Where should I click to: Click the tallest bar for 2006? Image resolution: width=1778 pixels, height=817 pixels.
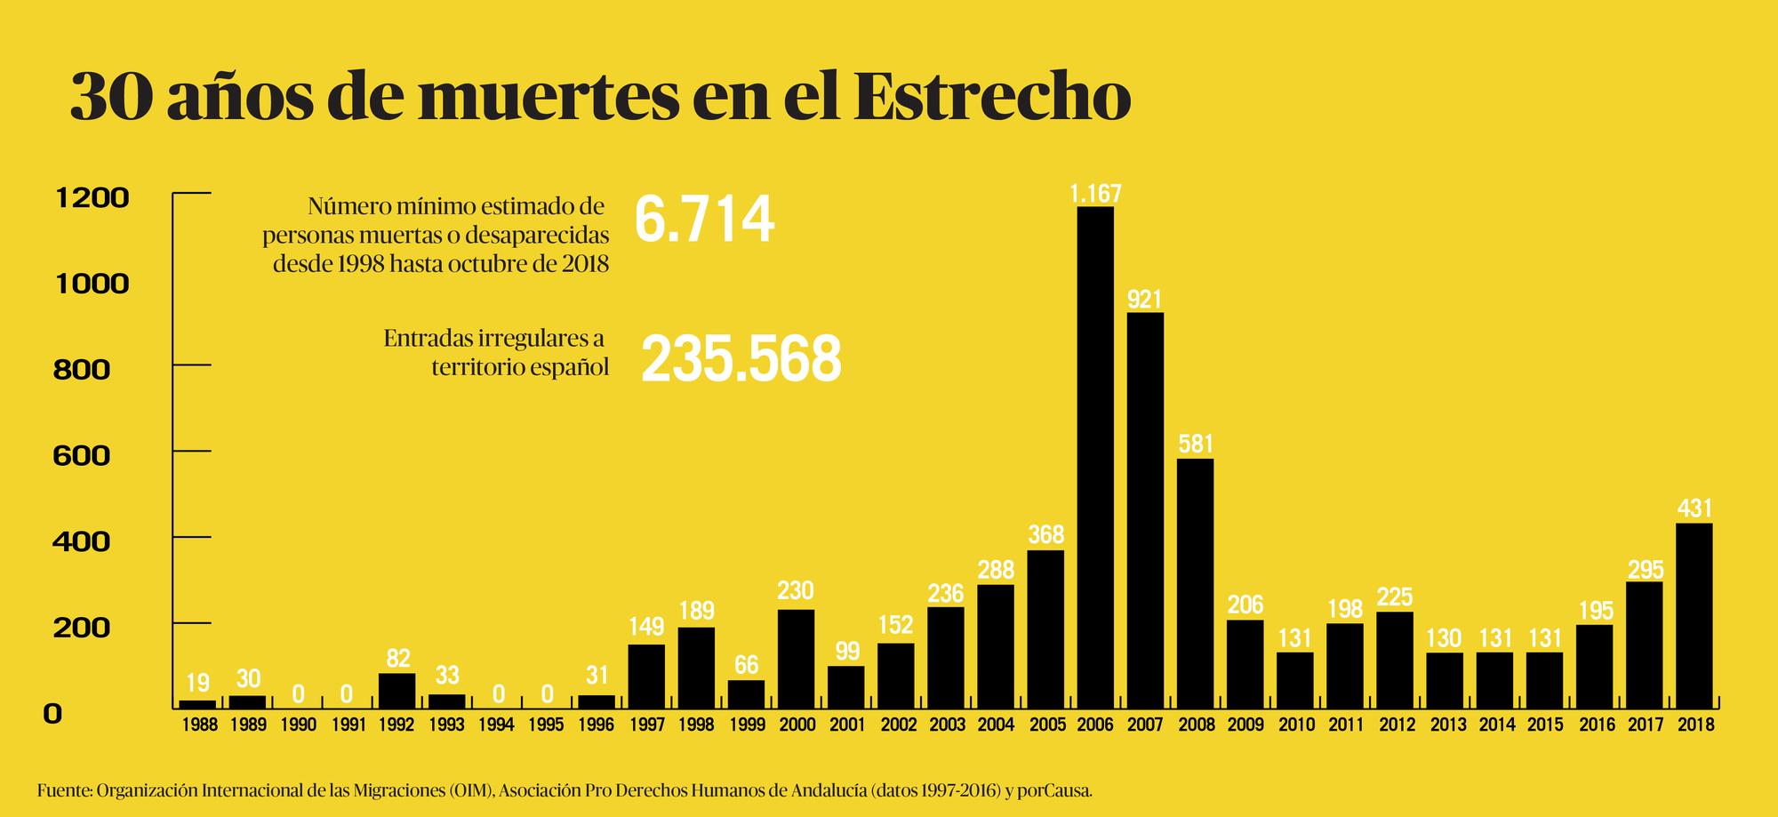[x=1094, y=458]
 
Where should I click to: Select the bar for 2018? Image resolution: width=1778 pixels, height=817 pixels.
[x=1694, y=615]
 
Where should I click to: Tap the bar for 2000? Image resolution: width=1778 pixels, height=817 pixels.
[x=796, y=659]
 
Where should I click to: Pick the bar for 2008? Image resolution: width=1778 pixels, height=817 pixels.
[x=1195, y=583]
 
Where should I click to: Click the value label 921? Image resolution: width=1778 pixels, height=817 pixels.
[x=1145, y=300]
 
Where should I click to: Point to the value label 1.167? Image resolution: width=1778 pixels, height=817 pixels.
[x=1095, y=193]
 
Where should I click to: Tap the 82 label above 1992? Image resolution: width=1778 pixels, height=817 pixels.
[x=397, y=659]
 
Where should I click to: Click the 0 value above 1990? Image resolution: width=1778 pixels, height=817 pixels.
[x=298, y=693]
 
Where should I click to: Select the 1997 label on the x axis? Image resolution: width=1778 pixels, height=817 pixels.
[x=646, y=725]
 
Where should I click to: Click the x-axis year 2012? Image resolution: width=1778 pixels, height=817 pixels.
[x=1397, y=725]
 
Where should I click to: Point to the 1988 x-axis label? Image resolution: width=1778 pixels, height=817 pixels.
[x=197, y=725]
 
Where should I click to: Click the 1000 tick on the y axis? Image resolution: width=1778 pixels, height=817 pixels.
[x=92, y=284]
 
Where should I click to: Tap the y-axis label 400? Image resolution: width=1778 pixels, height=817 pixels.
[x=82, y=541]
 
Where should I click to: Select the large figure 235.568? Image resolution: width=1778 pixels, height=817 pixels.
[x=741, y=359]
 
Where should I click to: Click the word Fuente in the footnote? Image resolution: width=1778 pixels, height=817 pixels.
[x=63, y=790]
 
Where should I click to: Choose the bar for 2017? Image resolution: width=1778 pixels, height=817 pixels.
[x=1644, y=645]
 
